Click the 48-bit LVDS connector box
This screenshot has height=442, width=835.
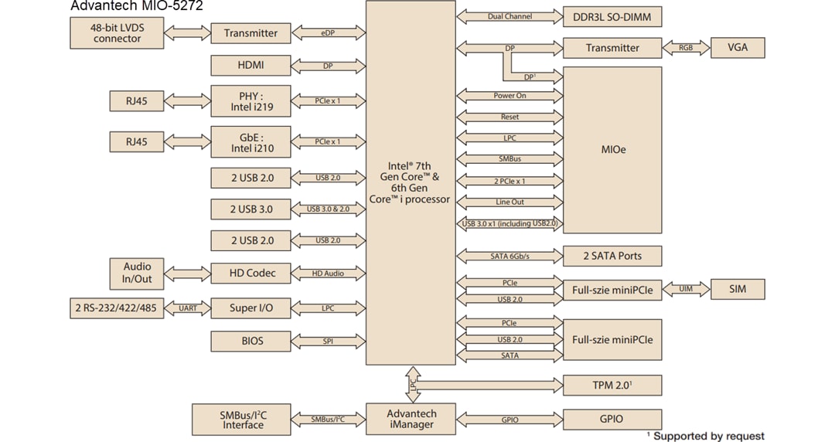(117, 33)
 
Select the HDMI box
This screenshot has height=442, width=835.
(250, 66)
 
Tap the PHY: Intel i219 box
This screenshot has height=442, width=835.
(250, 101)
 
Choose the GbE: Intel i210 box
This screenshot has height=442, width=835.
(250, 142)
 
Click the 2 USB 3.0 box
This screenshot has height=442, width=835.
(250, 209)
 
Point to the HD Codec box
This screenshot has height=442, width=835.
(250, 273)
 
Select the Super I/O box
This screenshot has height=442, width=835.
(250, 308)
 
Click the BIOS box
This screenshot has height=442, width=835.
(250, 341)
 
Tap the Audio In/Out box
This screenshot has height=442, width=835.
(137, 272)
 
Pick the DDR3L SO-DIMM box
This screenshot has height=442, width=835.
(612, 17)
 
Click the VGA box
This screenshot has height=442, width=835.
(738, 48)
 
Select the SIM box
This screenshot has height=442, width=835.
(738, 289)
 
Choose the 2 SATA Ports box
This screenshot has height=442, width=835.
(612, 256)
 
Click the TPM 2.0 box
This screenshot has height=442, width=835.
(612, 385)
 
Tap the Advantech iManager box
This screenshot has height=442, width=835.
(411, 420)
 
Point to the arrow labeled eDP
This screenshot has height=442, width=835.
(328, 33)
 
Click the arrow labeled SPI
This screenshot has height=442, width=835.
(328, 341)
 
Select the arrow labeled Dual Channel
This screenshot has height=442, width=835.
(510, 17)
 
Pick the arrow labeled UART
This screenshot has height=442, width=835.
(187, 308)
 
